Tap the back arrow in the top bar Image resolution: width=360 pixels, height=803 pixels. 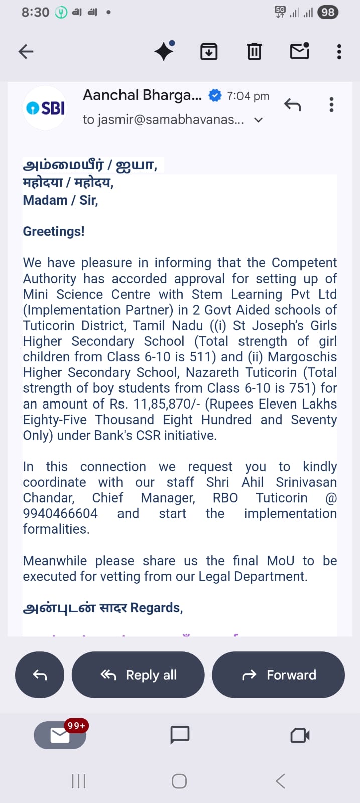click(26, 51)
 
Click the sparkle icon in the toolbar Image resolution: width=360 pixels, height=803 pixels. click(164, 51)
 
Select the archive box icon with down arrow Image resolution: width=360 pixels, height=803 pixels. click(209, 51)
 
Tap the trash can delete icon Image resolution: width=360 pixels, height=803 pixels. click(254, 51)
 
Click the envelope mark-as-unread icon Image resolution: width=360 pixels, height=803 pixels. click(300, 51)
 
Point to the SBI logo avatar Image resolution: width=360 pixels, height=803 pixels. click(46, 108)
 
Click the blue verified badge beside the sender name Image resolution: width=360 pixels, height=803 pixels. click(215, 95)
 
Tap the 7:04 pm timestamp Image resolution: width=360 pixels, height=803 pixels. click(248, 96)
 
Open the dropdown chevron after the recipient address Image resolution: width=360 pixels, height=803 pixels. click(258, 120)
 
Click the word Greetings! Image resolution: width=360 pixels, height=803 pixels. click(54, 231)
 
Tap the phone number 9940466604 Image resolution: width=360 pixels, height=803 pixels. click(60, 513)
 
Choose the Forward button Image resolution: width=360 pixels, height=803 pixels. click(279, 675)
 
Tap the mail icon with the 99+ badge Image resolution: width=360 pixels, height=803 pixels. click(60, 735)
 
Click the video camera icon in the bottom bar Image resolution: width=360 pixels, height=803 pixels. click(300, 735)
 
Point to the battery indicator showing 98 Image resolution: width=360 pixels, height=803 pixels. click(328, 12)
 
